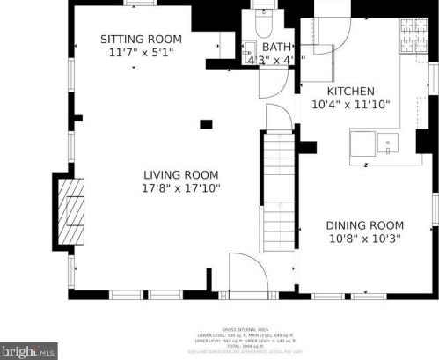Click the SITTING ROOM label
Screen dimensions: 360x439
tap(141, 39)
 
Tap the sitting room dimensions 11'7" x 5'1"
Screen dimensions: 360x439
tap(141, 52)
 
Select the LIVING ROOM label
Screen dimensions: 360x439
tap(181, 174)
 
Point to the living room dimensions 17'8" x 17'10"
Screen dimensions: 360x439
tap(181, 187)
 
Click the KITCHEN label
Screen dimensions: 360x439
tap(351, 91)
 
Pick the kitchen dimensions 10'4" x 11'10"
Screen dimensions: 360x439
tap(351, 104)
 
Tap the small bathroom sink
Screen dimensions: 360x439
tap(249, 48)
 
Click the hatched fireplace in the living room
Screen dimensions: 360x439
tap(69, 210)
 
